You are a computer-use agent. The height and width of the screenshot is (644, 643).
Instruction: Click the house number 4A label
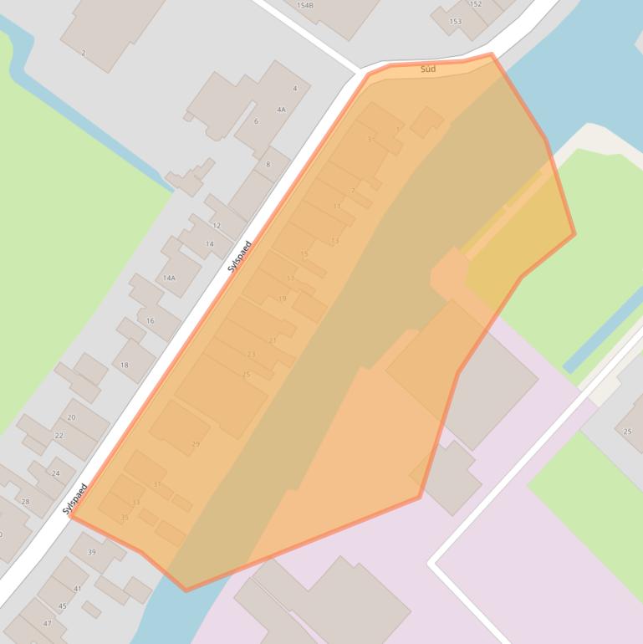[x=281, y=110]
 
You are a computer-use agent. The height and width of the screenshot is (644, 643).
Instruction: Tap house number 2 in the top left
[x=84, y=53]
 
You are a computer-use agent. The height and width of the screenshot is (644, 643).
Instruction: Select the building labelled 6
[x=256, y=122]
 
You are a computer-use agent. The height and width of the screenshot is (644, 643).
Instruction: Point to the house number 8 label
[x=268, y=165]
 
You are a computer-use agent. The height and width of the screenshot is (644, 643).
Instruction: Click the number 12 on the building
[x=217, y=226]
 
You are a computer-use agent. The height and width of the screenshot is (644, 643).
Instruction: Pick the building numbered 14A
[x=169, y=278]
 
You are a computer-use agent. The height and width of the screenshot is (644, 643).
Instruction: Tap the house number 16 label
[x=151, y=321]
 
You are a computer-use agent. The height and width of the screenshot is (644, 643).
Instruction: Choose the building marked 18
[x=125, y=365]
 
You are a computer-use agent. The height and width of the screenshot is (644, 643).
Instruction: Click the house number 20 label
[x=71, y=417]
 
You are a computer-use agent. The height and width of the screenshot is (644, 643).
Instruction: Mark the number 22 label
[x=59, y=436]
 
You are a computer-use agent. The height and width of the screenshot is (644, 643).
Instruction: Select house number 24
[x=56, y=473]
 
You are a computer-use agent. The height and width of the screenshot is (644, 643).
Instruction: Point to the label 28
[x=25, y=502]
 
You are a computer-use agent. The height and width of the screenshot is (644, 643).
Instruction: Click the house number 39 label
[x=92, y=552]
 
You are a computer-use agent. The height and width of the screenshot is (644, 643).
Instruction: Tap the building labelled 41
[x=78, y=589]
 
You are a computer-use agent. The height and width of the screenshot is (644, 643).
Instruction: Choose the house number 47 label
[x=47, y=624]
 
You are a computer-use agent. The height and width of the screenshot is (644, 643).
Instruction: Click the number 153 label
[x=456, y=22]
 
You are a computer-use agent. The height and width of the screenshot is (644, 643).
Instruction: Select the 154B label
[x=305, y=6]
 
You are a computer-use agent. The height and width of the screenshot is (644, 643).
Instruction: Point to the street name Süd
[x=428, y=69]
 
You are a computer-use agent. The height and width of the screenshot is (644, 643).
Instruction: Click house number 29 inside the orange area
[x=196, y=444]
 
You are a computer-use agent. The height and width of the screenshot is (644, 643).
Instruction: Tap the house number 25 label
[x=628, y=432]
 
